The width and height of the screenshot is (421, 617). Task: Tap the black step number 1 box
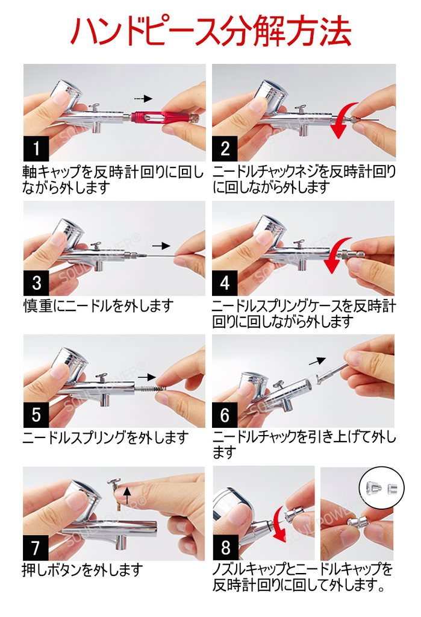[37, 148]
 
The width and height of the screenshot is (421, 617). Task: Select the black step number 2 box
[225, 148]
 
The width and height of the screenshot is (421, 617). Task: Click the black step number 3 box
[37, 283]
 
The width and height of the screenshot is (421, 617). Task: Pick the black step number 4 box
[225, 283]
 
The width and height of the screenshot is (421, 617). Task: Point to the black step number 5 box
[37, 415]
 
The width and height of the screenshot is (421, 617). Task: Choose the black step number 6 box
[225, 415]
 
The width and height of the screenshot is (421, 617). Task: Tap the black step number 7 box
[37, 548]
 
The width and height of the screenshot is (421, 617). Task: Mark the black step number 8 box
[225, 548]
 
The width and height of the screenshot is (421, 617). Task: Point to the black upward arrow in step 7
[126, 495]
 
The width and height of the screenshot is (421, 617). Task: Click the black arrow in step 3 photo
[160, 246]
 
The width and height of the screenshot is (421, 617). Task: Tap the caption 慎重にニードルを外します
[98, 306]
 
